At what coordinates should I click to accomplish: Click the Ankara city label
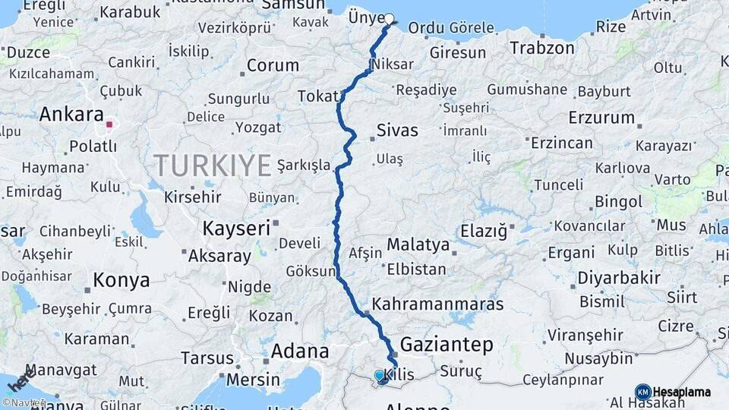[x=71, y=115]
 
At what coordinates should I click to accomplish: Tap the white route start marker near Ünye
[x=390, y=20]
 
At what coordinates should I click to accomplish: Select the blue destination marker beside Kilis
[x=380, y=375]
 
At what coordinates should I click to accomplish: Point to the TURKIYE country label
[x=213, y=165]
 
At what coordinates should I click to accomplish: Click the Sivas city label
[x=397, y=130]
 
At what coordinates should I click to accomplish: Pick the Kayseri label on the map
[x=236, y=227]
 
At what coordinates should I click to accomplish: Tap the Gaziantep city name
[x=447, y=345]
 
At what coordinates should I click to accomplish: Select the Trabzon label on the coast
[x=542, y=48]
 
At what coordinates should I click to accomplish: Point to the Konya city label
[x=121, y=281]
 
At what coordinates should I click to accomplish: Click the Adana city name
[x=301, y=352]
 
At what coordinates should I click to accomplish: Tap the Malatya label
[x=418, y=244]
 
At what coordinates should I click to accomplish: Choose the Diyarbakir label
[x=619, y=278]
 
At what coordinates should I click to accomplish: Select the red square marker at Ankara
[x=109, y=124]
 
